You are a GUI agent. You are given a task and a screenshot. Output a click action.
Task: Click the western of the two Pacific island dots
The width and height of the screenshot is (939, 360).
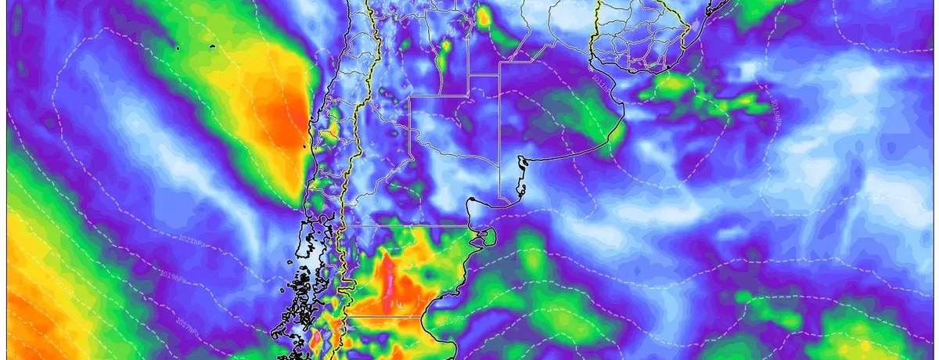click(179, 49)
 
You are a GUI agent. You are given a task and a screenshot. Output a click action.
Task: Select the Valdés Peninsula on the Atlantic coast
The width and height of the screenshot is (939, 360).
click(486, 235)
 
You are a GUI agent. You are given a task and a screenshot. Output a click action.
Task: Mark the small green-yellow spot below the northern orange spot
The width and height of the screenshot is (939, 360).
click(445, 48)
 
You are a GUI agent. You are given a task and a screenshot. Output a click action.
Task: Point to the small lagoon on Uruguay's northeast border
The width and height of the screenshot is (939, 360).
click(692, 27)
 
